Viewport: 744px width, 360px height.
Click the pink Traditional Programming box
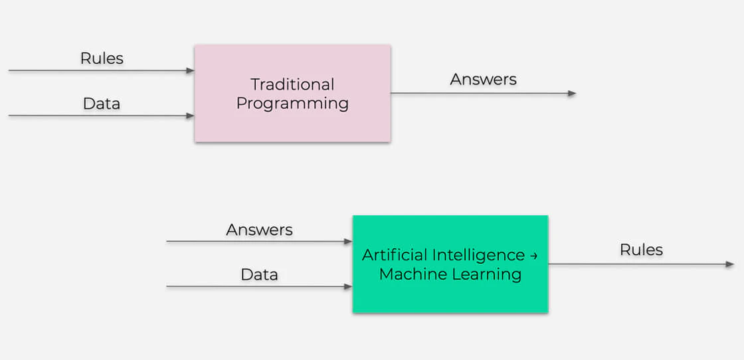coord(292,123)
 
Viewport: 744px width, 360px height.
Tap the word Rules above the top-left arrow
coord(102,58)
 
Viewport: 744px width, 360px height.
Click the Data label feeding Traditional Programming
coord(102,104)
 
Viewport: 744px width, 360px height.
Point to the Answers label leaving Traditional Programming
coord(483,80)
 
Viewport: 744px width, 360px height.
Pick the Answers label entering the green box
coord(259,230)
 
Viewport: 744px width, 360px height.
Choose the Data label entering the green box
coord(259,275)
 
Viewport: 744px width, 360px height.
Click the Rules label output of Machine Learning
coord(641,250)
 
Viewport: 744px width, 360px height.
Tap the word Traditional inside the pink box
coord(292,85)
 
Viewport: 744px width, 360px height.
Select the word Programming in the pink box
coord(292,104)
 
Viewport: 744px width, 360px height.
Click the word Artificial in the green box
coord(395,255)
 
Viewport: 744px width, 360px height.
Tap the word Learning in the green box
coord(488,274)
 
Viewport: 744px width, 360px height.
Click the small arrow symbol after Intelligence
coord(533,256)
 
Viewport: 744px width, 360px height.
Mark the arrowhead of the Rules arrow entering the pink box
coord(191,70)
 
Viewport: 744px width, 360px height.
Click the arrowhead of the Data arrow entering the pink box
coord(191,116)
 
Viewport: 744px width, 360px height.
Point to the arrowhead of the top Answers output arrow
coord(572,94)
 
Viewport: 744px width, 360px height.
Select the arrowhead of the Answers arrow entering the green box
coord(348,242)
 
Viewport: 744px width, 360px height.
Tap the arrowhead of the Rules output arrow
coord(730,264)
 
